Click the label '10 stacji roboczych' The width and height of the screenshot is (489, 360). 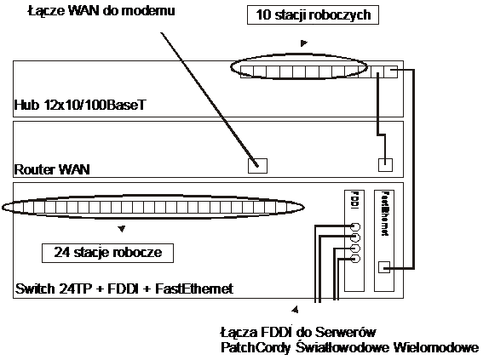tap(313, 14)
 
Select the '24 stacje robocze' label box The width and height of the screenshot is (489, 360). tap(107, 253)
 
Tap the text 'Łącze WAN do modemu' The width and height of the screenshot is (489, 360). tap(101, 11)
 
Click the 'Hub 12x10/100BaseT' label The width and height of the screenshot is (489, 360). tap(80, 105)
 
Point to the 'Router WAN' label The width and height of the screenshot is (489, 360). tap(52, 169)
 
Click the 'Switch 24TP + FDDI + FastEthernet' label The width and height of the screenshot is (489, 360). tap(124, 289)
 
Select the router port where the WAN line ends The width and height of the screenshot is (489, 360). tap(257, 166)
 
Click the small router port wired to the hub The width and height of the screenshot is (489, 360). tap(385, 165)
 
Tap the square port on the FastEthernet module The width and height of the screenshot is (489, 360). tap(384, 267)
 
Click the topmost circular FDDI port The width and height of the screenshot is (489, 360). tap(356, 227)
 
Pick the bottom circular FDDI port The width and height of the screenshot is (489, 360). tap(356, 259)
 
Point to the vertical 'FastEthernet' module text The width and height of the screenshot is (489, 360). tap(385, 214)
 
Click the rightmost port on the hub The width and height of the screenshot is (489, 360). tap(391, 72)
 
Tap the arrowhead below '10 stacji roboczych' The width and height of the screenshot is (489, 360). tap(304, 43)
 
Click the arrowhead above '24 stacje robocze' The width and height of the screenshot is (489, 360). tap(122, 229)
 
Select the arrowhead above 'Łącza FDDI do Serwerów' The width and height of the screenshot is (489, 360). tap(295, 309)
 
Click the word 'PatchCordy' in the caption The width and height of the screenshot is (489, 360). tap(256, 348)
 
